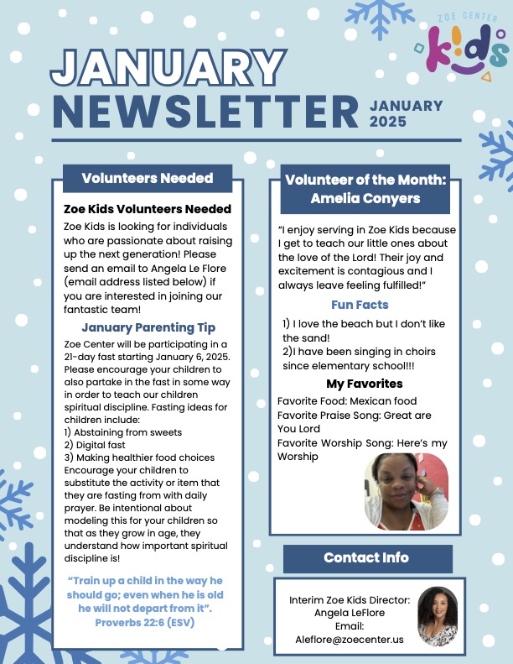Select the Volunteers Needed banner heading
pos(148,178)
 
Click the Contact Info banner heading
pos(366,557)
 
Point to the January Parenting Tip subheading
pos(148,327)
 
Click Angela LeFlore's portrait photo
pos(437,614)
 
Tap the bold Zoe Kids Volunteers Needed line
pos(148,209)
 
